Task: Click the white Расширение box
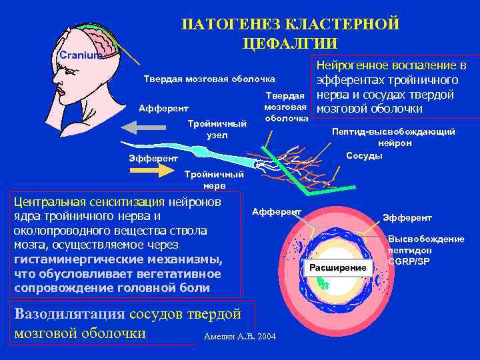click(x=337, y=267)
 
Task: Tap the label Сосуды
click(x=364, y=155)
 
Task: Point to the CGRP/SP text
click(x=409, y=261)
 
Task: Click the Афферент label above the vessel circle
click(x=277, y=211)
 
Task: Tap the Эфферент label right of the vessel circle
click(x=407, y=218)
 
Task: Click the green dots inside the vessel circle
click(x=323, y=283)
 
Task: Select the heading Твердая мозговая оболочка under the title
click(x=210, y=79)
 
